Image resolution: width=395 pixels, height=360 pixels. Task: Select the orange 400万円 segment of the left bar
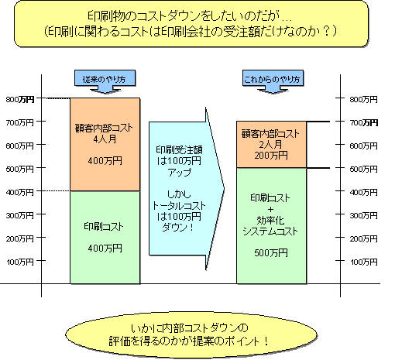(x=105, y=144)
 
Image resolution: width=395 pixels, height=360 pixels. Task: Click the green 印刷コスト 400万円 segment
(x=105, y=238)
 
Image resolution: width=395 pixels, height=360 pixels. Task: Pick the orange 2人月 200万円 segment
(x=271, y=145)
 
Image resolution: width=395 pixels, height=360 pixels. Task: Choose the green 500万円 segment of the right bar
(x=271, y=226)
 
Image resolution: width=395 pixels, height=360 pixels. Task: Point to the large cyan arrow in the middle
(x=187, y=189)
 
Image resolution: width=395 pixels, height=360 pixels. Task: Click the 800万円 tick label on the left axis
(x=20, y=99)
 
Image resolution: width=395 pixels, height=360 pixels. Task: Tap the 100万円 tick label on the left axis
(x=20, y=262)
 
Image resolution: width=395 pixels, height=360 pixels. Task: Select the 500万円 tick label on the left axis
(x=20, y=169)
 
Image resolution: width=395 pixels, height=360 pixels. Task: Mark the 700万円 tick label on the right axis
(x=364, y=122)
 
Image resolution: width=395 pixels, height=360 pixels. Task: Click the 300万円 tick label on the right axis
(x=364, y=215)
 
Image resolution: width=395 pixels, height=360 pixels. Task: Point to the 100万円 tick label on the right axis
(x=364, y=262)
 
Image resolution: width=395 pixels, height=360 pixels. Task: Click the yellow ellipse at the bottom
(x=191, y=335)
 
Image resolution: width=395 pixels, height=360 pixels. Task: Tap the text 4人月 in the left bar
(x=105, y=139)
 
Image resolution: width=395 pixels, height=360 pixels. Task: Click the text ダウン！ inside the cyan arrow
(x=178, y=228)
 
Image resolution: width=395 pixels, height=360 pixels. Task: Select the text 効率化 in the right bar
(x=270, y=221)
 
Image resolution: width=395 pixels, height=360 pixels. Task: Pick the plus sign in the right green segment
(x=270, y=209)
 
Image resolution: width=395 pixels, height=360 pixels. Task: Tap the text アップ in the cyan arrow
(x=180, y=172)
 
